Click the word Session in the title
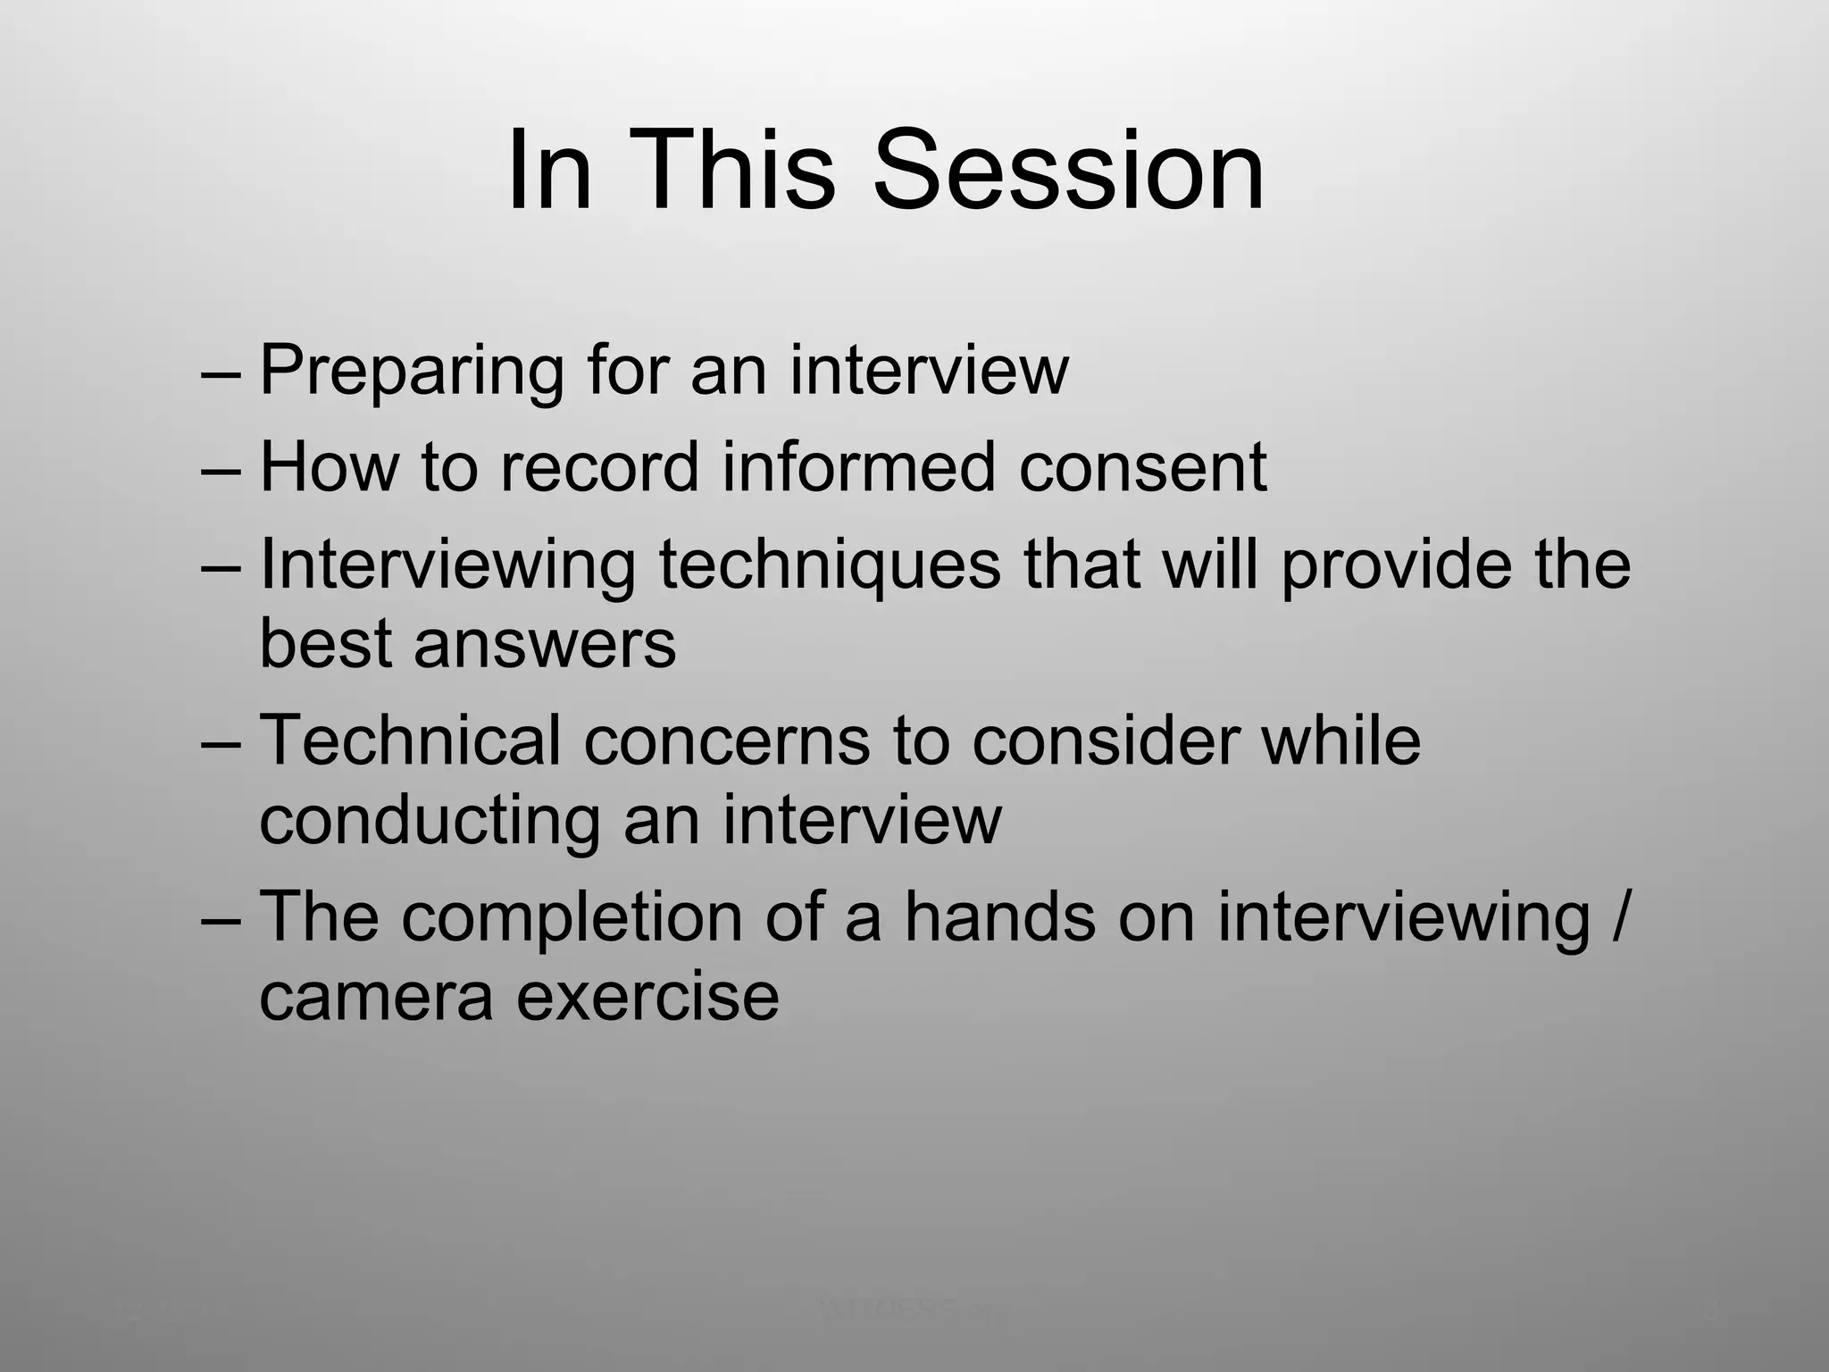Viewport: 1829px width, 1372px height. click(1068, 170)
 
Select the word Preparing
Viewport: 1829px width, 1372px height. click(412, 371)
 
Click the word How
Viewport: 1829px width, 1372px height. click(329, 466)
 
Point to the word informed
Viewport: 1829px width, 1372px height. click(858, 466)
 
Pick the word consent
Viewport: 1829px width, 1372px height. click(1142, 468)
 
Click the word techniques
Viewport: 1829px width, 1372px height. click(830, 565)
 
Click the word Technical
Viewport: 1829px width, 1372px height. click(411, 740)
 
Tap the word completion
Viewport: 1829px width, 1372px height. click(571, 917)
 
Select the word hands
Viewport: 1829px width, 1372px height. click(999, 916)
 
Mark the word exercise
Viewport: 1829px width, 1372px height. click(647, 996)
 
